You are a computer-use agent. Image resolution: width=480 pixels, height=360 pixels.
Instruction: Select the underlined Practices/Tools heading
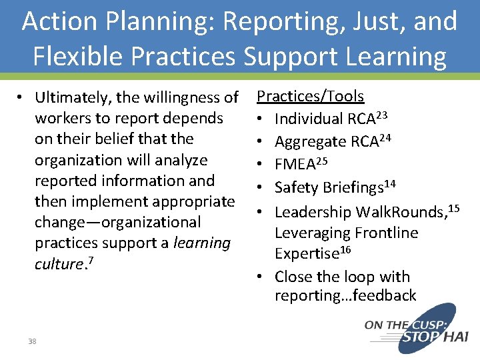(x=311, y=96)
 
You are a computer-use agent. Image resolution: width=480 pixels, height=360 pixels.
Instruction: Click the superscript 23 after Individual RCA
(x=381, y=115)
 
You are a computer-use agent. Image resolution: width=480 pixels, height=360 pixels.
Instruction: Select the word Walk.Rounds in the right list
(x=398, y=212)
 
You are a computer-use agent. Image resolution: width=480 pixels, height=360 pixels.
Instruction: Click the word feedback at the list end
(x=388, y=295)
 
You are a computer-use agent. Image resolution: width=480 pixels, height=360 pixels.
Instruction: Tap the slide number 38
(x=32, y=341)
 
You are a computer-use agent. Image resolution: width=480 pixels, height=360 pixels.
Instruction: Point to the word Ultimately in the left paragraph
(x=73, y=97)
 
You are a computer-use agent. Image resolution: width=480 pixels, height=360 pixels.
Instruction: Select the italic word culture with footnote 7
(x=57, y=264)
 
